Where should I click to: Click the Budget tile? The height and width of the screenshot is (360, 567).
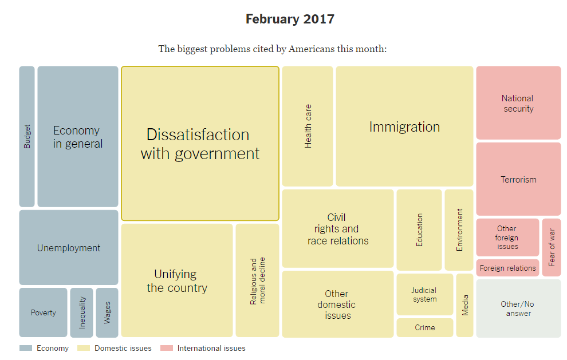point(27,136)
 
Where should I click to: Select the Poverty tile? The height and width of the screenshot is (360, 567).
point(44,312)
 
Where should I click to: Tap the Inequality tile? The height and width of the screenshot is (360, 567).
point(82,312)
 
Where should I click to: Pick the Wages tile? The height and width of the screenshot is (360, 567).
point(107,312)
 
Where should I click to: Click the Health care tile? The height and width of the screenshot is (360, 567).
point(308,126)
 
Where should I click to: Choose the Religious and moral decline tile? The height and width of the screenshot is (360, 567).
point(257,280)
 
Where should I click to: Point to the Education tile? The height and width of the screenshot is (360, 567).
point(419,230)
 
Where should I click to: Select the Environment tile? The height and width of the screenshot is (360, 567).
point(459,230)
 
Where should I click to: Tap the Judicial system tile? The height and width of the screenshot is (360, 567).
point(424,295)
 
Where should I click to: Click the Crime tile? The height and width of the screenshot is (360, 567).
point(424,328)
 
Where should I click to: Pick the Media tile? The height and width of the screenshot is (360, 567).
point(465,305)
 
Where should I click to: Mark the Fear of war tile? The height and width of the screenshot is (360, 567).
point(552,247)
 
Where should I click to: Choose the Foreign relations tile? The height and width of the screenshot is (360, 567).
point(508,268)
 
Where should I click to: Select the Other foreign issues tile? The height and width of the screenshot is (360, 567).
point(507,238)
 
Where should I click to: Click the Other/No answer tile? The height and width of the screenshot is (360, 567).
point(518,308)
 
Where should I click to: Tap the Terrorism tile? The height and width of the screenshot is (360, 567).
point(518,179)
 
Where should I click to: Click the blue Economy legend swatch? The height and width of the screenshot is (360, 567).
point(26,348)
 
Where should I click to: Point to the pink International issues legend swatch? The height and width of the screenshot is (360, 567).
point(166,348)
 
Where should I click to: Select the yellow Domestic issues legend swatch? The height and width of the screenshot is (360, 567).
point(84,348)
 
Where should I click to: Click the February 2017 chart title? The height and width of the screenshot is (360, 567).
point(290,19)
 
